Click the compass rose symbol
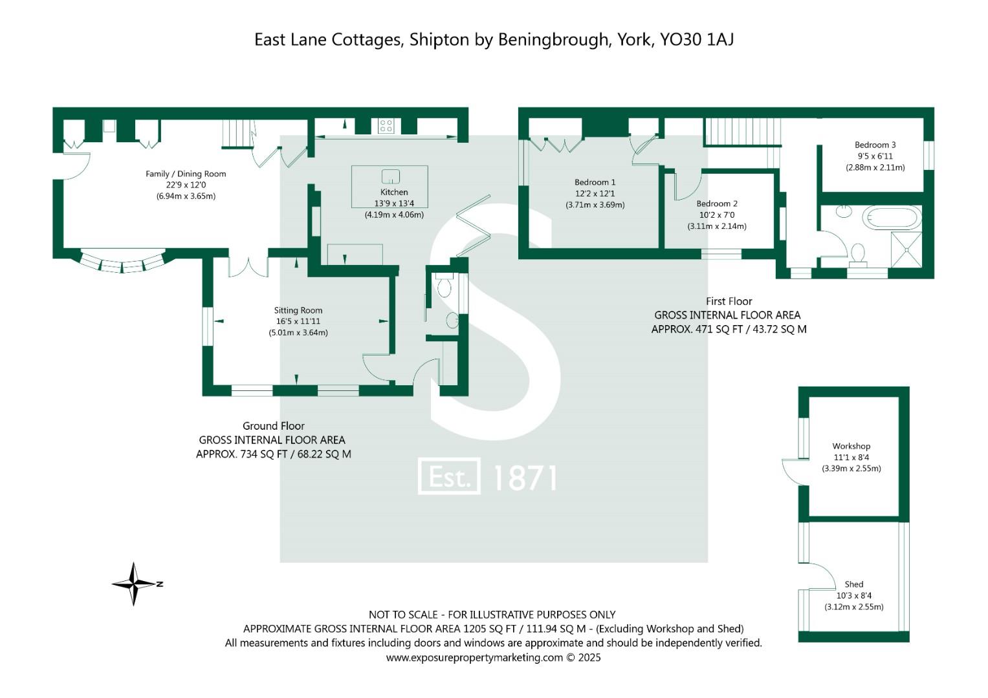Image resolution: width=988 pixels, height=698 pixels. (x=134, y=584)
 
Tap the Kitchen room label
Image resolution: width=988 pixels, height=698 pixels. (x=394, y=192)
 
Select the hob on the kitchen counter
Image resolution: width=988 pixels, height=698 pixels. (x=386, y=125)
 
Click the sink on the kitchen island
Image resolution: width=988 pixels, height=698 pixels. (x=391, y=176)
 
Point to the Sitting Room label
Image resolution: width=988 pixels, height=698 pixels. (x=298, y=310)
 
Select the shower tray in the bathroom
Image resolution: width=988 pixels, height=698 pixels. (x=908, y=249)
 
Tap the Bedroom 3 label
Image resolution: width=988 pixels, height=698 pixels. (x=875, y=145)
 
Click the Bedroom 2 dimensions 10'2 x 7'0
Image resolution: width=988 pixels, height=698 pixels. (x=716, y=215)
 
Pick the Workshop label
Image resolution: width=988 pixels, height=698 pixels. (x=851, y=446)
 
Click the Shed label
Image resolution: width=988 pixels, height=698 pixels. (x=853, y=584)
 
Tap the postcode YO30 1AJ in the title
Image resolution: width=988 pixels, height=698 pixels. (x=696, y=40)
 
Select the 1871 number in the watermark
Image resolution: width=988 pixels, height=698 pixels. (x=524, y=478)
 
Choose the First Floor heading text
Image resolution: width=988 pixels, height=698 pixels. (x=729, y=301)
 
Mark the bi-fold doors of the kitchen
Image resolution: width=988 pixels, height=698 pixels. (x=472, y=226)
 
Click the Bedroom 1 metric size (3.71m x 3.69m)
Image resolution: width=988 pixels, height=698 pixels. (x=595, y=205)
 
